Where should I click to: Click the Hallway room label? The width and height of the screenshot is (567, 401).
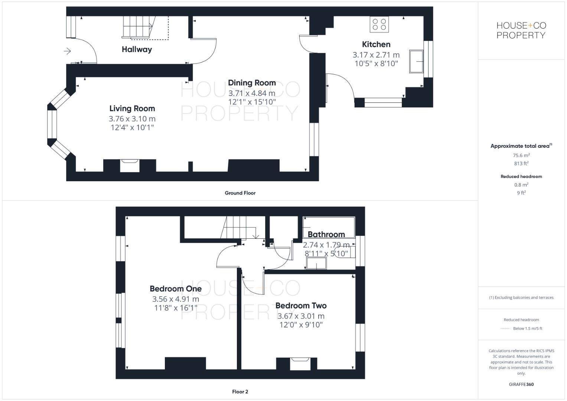tap(137, 49)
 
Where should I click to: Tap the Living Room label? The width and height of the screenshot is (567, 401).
tap(132, 108)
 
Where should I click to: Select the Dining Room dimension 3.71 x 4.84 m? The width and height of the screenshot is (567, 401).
tap(252, 93)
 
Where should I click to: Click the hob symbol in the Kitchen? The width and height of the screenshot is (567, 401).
tap(379, 25)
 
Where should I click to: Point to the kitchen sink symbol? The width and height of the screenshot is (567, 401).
tap(417, 61)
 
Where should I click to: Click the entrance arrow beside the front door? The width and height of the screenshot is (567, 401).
tap(67, 51)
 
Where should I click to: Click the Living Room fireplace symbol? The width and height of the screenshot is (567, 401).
tap(130, 166)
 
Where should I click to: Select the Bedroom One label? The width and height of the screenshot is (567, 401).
tap(176, 288)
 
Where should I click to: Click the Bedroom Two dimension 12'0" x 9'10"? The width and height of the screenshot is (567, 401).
tap(301, 325)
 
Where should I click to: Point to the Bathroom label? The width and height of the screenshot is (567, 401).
tap(326, 234)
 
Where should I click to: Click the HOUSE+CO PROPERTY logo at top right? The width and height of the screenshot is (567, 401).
tap(521, 30)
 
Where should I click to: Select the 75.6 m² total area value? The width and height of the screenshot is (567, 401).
tap(521, 156)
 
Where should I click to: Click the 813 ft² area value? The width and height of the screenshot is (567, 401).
tap(521, 163)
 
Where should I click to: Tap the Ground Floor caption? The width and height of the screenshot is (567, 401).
tap(240, 193)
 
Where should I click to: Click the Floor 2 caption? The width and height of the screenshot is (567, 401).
tap(240, 391)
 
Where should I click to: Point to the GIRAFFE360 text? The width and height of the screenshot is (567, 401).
tap(521, 384)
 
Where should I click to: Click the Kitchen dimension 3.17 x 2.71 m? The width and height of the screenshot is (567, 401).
tap(376, 55)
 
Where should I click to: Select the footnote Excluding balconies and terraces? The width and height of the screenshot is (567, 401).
tap(521, 297)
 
